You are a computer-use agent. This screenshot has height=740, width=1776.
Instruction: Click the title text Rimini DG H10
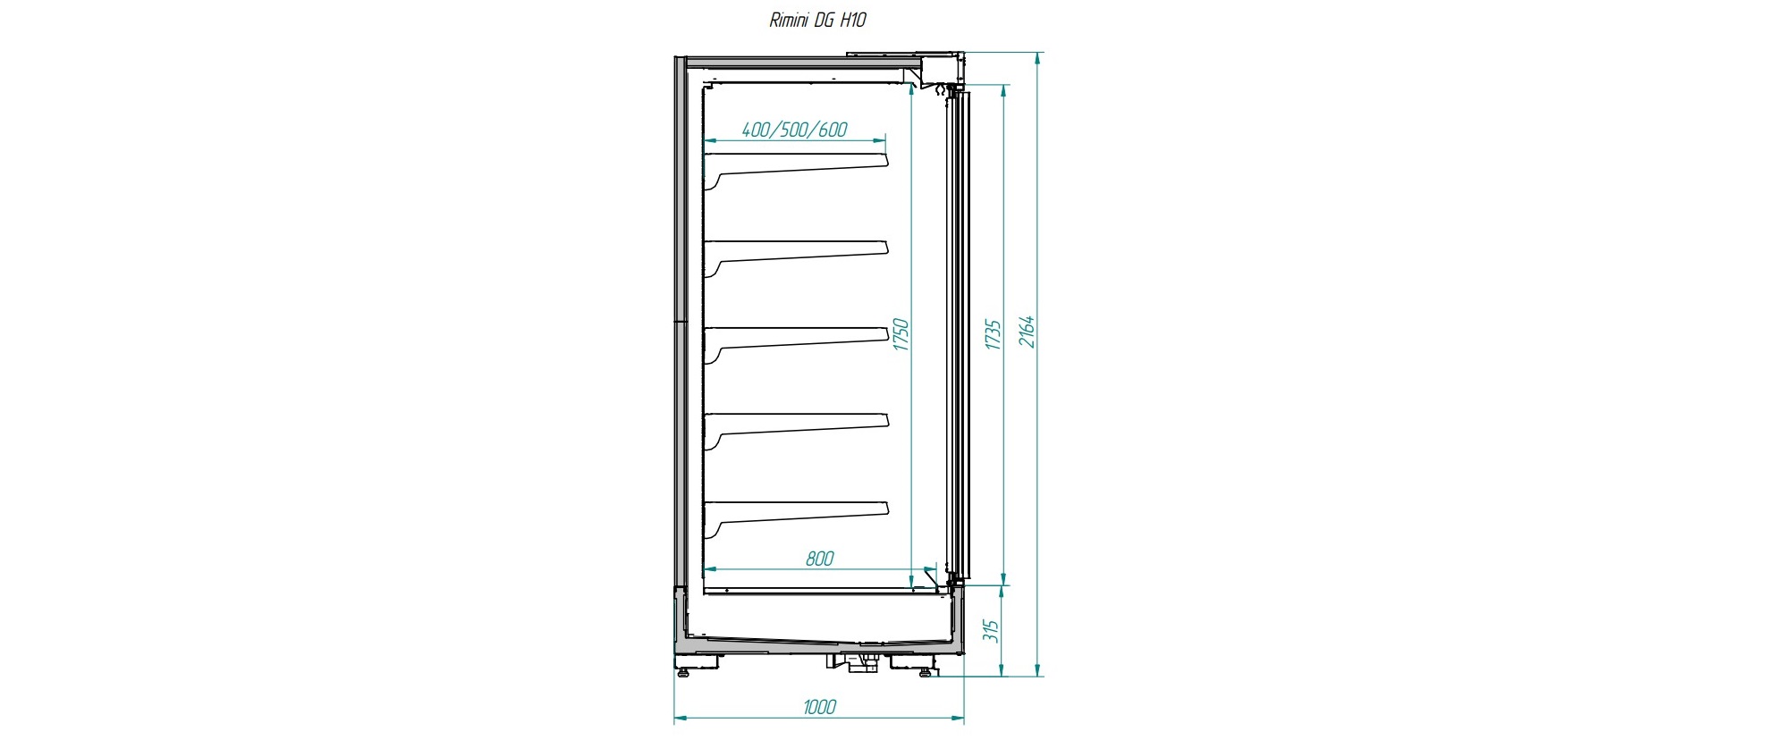(817, 20)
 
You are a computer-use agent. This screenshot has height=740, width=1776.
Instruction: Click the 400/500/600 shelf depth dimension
(795, 130)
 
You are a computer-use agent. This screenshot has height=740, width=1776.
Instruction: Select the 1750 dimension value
(901, 334)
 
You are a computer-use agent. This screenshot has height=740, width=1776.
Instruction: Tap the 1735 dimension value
(993, 334)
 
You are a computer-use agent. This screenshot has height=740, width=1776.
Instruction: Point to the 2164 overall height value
(1028, 332)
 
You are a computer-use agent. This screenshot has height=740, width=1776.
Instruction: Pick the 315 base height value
(990, 631)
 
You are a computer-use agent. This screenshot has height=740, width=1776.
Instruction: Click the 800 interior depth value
(819, 559)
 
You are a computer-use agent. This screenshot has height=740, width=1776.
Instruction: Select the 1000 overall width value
(819, 707)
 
